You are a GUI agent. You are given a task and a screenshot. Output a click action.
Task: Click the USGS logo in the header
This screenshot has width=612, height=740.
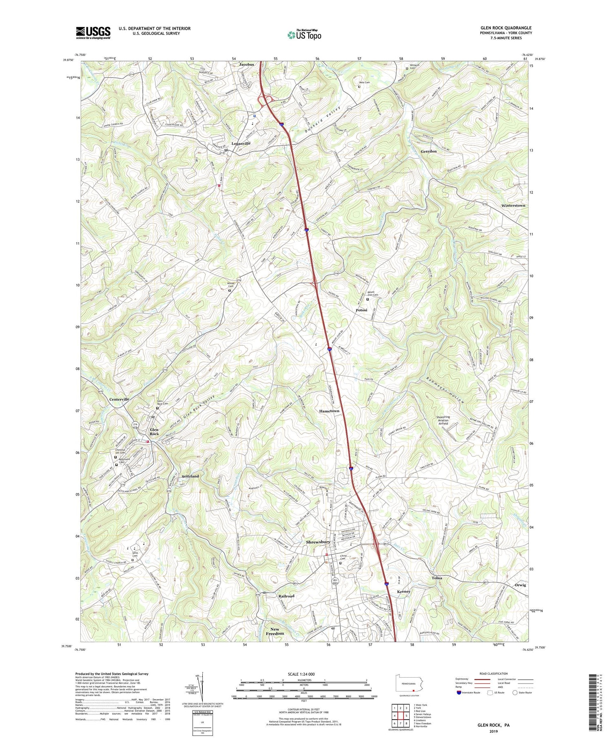[93, 33]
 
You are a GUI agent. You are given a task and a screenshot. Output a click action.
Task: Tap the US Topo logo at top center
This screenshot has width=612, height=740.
[304, 35]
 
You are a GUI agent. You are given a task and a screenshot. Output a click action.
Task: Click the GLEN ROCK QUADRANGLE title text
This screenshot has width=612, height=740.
[506, 28]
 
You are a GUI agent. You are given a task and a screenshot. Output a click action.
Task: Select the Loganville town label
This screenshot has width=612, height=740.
[241, 144]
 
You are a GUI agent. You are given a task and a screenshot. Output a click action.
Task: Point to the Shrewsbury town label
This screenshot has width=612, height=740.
[318, 542]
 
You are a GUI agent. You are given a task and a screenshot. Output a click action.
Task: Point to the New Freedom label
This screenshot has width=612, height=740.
[275, 631]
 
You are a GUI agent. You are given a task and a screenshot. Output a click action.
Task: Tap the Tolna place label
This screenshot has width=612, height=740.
[437, 578]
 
